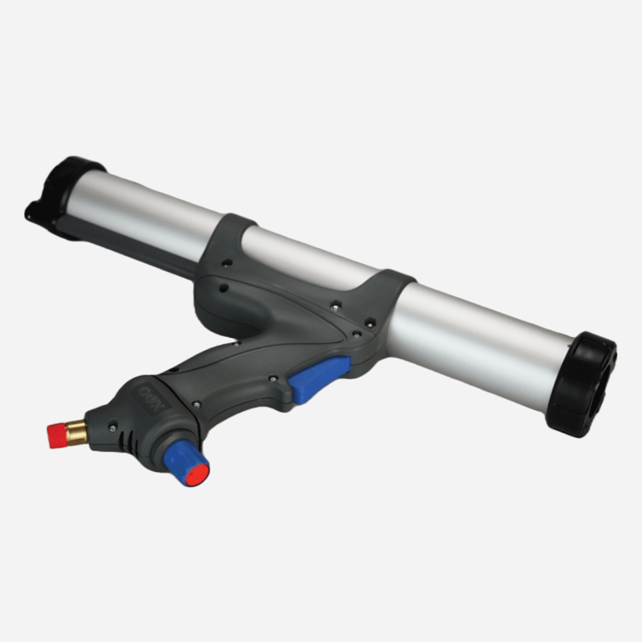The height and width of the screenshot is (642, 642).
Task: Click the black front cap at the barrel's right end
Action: pyautogui.click(x=582, y=384)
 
